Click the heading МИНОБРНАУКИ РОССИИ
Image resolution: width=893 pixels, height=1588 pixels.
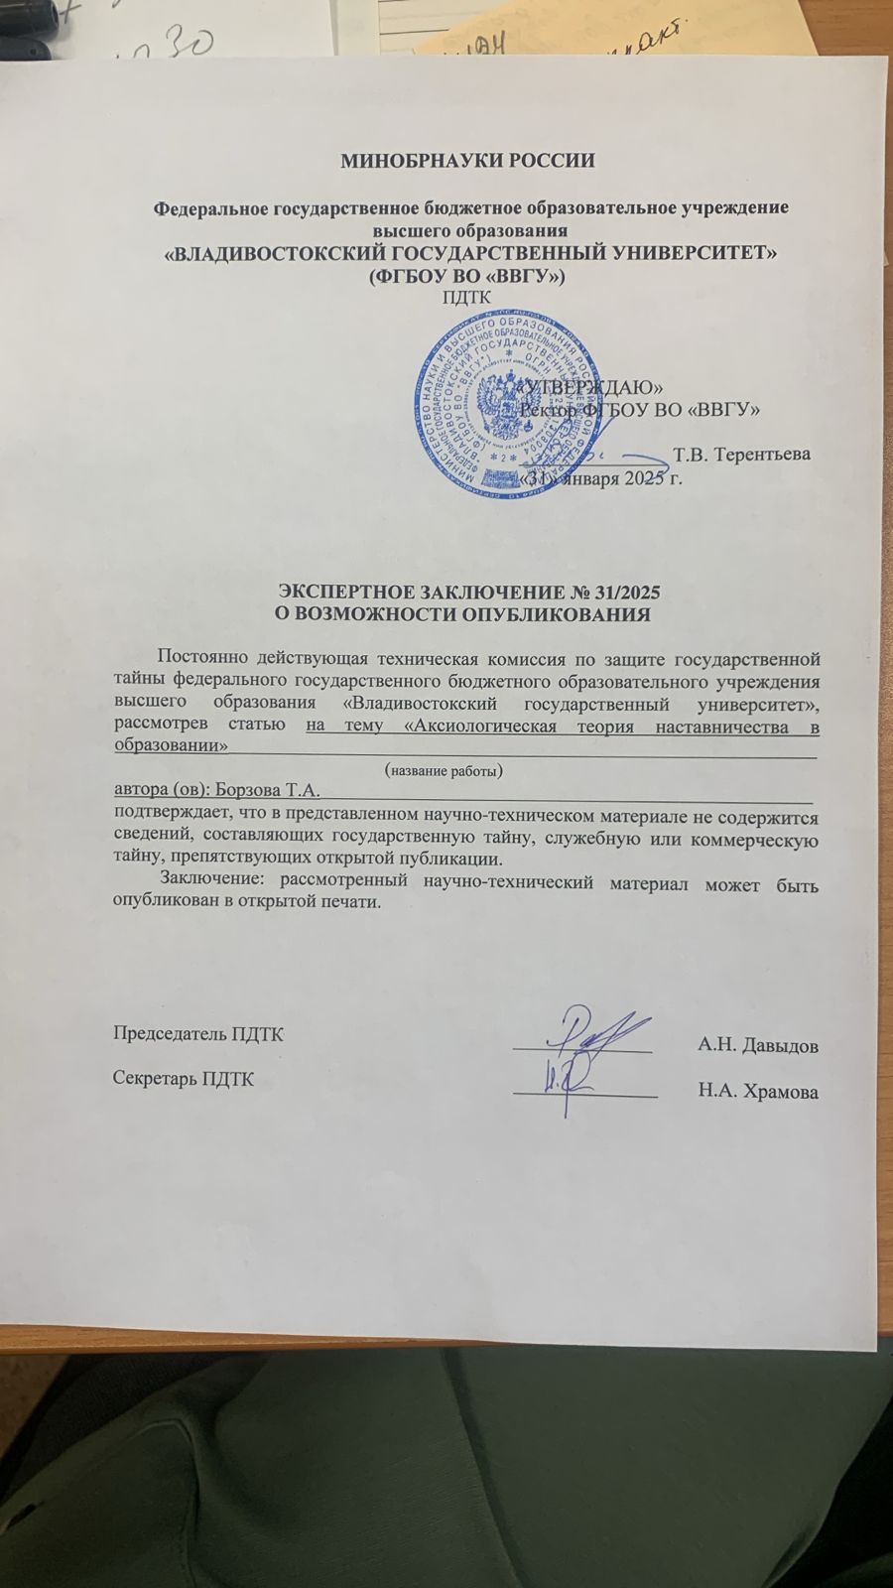(x=467, y=161)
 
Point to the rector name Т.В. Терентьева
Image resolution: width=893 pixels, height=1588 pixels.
(x=741, y=455)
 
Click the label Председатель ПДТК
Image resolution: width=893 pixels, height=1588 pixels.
(x=198, y=1034)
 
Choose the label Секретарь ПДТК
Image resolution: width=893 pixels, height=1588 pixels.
(x=184, y=1079)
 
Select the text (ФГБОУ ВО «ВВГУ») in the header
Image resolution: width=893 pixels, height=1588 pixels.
(x=465, y=275)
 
